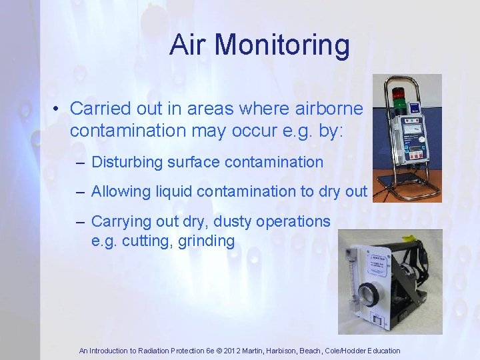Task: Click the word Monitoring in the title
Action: (x=282, y=45)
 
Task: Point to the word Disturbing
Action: (x=127, y=161)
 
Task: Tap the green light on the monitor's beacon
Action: (x=398, y=103)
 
